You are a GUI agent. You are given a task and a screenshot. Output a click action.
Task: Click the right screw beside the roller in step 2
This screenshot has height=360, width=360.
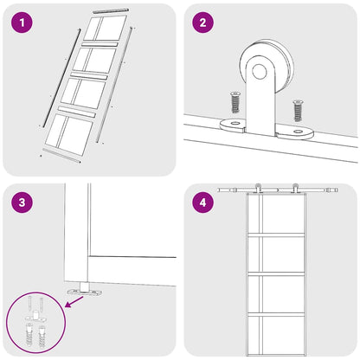coord(297,110)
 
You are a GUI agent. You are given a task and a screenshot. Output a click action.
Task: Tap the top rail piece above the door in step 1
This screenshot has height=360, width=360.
coord(110,10)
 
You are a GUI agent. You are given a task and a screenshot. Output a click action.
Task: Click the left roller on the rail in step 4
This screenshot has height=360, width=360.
coord(259,188)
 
